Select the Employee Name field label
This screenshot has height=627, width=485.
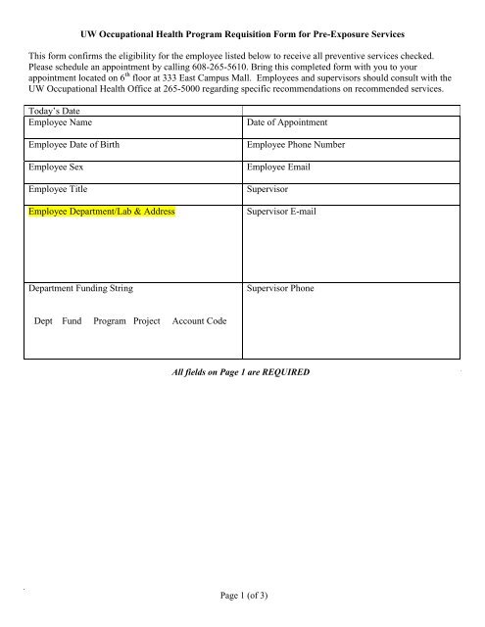[62, 123]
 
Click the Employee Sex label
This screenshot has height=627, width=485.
[58, 168]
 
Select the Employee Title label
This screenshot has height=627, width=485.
[60, 189]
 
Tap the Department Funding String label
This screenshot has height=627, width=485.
[81, 290]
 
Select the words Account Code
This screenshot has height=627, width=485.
[199, 321]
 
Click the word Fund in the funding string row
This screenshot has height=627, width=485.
[72, 321]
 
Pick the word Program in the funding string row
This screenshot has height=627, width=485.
[109, 321]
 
